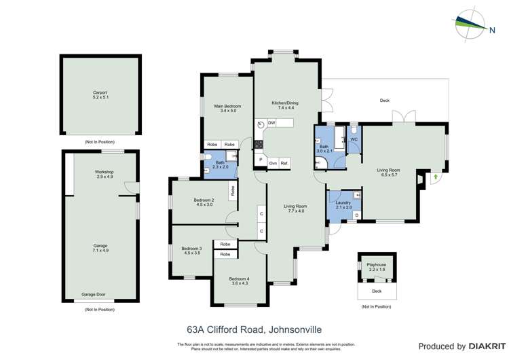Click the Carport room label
click(x=100, y=92)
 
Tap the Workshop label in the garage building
click(x=104, y=173)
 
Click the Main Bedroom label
click(x=227, y=107)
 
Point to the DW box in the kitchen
click(x=271, y=123)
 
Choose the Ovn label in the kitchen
click(x=272, y=163)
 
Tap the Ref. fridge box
click(x=285, y=163)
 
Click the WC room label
click(x=354, y=139)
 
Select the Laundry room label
click(x=343, y=202)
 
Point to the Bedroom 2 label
click(x=204, y=200)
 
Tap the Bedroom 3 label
click(x=191, y=249)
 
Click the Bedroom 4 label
click(x=239, y=279)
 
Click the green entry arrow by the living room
click(x=434, y=178)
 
